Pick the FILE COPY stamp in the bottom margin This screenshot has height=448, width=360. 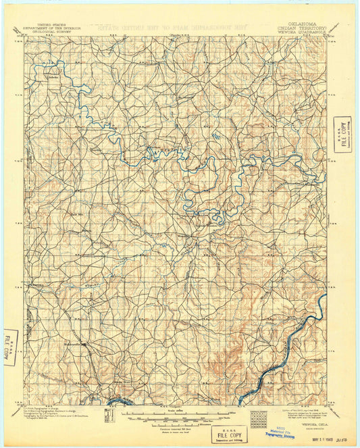[x=228, y=433]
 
